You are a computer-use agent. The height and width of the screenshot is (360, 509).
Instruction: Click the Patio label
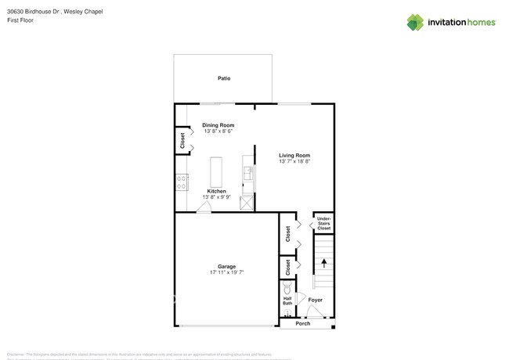[x=223, y=78]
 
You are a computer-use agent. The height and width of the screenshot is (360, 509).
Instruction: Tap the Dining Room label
[x=218, y=125]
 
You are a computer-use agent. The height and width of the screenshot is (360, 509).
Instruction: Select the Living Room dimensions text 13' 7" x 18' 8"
[x=294, y=161]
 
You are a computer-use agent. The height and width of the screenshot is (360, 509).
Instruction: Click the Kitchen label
[x=217, y=191]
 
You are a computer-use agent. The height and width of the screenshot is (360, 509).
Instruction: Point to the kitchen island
[x=217, y=171]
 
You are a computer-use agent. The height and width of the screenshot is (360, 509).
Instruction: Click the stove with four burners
[x=182, y=183]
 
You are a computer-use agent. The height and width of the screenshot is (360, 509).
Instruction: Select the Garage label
[x=226, y=266]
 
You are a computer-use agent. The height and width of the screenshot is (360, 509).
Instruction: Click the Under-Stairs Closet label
[x=323, y=222]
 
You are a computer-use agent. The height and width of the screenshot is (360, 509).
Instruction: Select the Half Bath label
[x=287, y=303]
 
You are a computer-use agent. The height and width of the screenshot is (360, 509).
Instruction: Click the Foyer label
[x=315, y=300]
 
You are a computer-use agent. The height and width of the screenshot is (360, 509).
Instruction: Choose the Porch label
[x=302, y=323]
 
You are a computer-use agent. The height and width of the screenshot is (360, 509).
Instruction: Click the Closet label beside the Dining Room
[x=182, y=142]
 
